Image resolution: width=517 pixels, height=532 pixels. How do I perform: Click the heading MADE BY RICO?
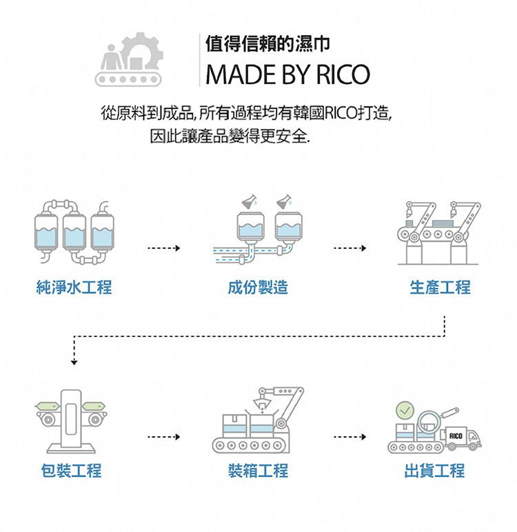tap(287, 74)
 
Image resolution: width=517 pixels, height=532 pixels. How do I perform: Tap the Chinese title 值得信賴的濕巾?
tap(267, 45)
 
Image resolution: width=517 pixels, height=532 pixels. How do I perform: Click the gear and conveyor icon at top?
tap(129, 61)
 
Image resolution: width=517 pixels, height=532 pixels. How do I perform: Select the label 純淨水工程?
tap(74, 287)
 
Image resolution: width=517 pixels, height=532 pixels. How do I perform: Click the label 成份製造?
tap(258, 287)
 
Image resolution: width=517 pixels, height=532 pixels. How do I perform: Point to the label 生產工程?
tap(440, 287)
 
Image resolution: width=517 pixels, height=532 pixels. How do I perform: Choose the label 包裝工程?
tap(70, 471)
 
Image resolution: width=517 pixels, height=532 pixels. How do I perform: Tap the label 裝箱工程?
tap(258, 471)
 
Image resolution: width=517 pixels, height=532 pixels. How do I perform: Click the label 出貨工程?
tap(434, 471)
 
